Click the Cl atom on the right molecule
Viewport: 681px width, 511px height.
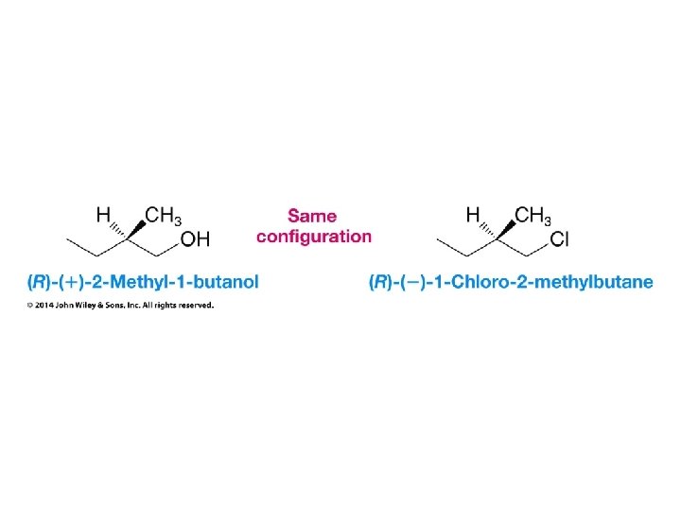pos(559,239)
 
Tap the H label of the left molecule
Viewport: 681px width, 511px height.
pos(103,215)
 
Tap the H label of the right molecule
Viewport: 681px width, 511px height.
pos(474,215)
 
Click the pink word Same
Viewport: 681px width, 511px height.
pos(312,216)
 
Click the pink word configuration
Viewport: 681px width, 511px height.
pos(314,236)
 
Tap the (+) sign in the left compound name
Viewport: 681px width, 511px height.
pos(73,281)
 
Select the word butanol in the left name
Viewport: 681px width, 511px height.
pos(224,281)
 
